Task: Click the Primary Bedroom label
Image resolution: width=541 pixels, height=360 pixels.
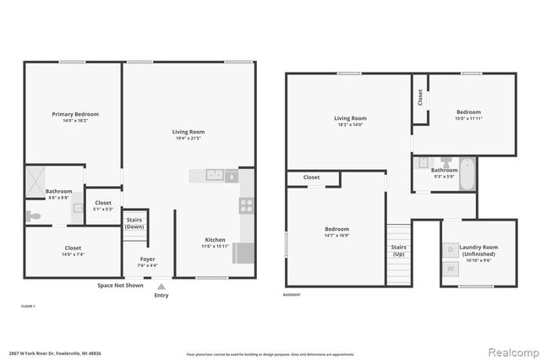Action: tap(74, 114)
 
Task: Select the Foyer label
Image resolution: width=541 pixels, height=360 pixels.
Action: tap(147, 259)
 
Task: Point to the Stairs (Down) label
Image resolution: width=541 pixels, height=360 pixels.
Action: tap(134, 223)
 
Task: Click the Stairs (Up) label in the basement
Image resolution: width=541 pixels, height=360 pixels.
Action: tap(398, 250)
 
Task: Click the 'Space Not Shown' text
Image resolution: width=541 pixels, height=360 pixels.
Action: tap(121, 286)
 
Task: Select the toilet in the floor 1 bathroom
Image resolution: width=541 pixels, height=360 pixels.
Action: tap(33, 216)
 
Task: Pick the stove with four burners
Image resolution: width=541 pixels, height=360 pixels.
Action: tap(247, 203)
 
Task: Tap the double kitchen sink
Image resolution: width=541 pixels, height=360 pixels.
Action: tap(216, 175)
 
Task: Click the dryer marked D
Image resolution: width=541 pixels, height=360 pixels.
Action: tap(451, 250)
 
